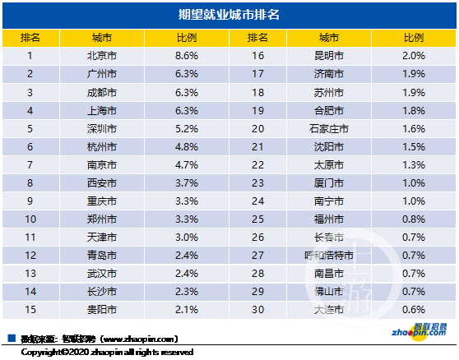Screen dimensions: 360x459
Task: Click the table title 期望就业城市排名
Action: click(229, 15)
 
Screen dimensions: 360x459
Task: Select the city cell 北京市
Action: click(101, 56)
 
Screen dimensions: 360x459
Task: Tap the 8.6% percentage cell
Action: click(187, 56)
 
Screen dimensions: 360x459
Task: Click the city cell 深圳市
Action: click(101, 129)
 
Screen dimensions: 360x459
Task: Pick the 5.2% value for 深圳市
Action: click(187, 129)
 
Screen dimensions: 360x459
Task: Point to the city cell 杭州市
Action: click(101, 147)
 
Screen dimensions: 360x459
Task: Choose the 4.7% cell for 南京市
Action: click(187, 165)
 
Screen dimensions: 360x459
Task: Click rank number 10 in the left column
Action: click(30, 219)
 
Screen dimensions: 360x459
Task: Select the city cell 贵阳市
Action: click(101, 310)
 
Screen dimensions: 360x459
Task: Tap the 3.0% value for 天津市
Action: click(187, 238)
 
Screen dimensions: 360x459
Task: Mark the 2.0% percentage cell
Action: click(414, 56)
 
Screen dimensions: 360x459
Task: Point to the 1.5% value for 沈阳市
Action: click(414, 147)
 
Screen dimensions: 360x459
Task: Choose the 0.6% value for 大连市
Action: click(414, 310)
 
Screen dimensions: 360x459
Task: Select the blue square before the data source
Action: click(11, 338)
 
